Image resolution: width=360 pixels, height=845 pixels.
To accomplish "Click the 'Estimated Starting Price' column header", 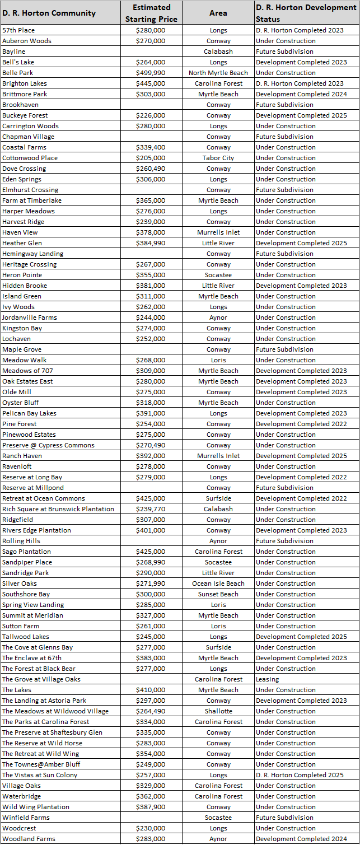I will (x=151, y=13).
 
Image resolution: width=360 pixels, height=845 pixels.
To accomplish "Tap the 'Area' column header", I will (x=218, y=13).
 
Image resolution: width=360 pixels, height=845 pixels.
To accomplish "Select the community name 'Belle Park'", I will (x=18, y=73).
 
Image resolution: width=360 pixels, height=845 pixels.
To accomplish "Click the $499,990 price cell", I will (x=151, y=73).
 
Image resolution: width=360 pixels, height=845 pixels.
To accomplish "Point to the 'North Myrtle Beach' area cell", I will (x=218, y=73).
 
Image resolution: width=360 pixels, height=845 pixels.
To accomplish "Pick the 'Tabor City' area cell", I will (x=218, y=158).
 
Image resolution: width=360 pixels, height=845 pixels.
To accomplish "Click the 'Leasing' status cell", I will (x=268, y=679).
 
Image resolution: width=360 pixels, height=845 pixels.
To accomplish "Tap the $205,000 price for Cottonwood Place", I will (x=151, y=158).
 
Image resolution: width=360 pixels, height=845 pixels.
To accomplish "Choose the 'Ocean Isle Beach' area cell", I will (x=218, y=583).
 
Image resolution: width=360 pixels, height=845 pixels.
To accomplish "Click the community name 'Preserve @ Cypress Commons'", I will (x=48, y=445).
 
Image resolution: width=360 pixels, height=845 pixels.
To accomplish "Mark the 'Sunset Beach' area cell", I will (x=218, y=594).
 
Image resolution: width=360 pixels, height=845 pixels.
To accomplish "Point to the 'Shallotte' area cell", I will (x=218, y=711).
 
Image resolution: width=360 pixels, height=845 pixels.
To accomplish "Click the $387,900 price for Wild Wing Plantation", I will (x=151, y=807).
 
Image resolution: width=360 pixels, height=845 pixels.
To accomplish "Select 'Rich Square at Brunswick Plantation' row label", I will (x=58, y=509).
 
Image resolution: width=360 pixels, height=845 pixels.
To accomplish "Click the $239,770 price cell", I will (x=151, y=509).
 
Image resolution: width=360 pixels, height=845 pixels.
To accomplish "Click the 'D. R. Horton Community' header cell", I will (x=49, y=13).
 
